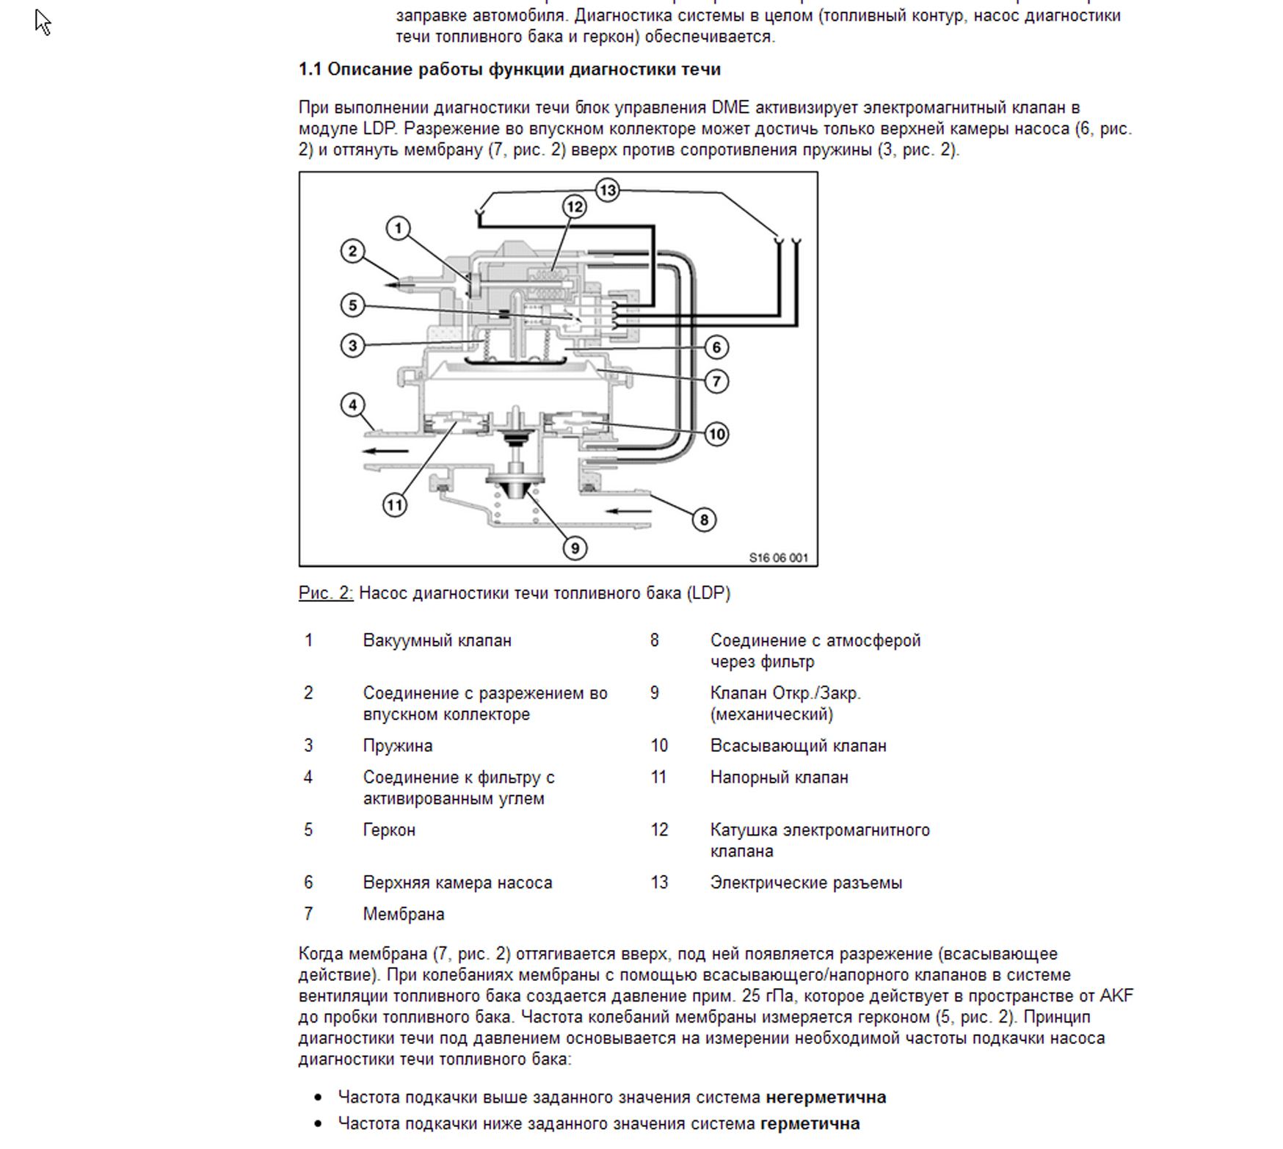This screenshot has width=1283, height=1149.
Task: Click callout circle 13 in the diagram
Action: click(607, 191)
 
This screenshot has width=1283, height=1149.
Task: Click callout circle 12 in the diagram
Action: click(574, 207)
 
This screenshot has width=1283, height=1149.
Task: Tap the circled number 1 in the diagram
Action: click(398, 228)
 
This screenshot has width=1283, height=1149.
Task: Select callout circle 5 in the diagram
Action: click(352, 305)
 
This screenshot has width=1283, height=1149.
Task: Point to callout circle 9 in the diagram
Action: click(575, 548)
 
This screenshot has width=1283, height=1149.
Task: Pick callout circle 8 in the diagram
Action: click(704, 520)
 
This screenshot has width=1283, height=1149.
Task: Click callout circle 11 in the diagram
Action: click(395, 504)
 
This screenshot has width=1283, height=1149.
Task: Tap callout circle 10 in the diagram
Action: click(716, 434)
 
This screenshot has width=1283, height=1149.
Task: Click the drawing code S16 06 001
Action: click(778, 558)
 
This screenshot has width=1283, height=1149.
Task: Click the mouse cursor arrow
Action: click(42, 21)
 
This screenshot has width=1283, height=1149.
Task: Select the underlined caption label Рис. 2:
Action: click(325, 593)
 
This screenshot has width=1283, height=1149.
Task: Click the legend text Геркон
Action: click(389, 830)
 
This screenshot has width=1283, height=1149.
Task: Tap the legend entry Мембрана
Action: click(404, 915)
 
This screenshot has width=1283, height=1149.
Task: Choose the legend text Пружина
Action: click(398, 746)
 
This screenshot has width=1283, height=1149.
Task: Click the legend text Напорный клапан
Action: click(779, 778)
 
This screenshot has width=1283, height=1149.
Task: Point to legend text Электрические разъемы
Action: click(806, 883)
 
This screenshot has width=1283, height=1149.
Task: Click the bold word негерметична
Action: click(826, 1098)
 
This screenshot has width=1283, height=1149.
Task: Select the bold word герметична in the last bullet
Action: click(810, 1124)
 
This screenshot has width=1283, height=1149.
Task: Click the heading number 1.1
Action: click(310, 70)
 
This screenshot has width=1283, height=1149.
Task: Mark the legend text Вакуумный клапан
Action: click(437, 641)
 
